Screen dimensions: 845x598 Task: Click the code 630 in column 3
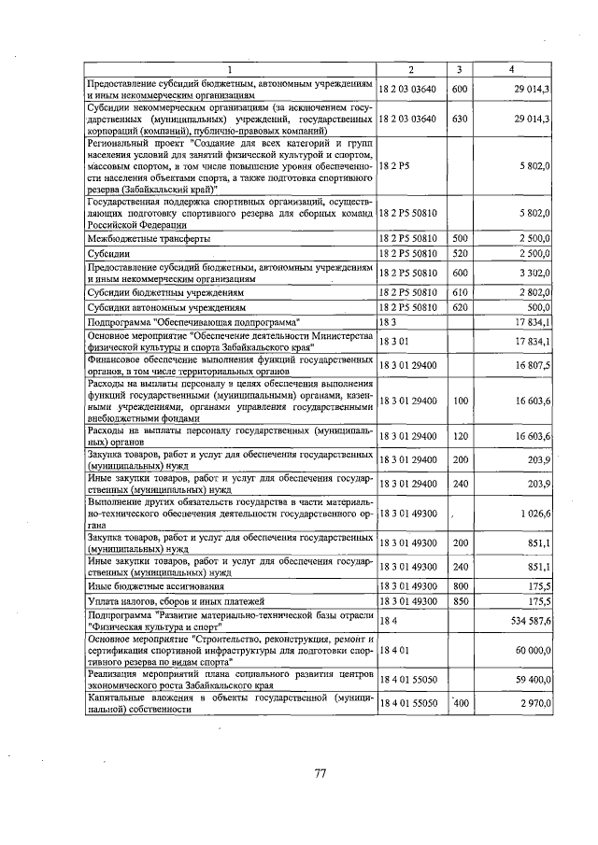click(459, 120)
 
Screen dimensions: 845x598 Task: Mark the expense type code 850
click(459, 601)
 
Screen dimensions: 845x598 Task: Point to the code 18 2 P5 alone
click(393, 164)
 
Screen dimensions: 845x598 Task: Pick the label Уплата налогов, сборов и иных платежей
click(176, 601)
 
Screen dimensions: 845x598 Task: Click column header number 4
click(511, 69)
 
